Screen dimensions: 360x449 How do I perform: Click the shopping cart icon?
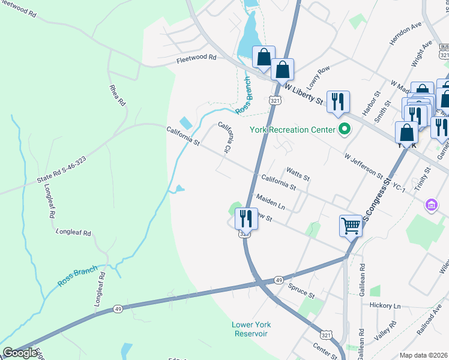tap(351, 227)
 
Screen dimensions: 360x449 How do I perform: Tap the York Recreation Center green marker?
tap(345, 129)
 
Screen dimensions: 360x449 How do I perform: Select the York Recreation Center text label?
tap(292, 129)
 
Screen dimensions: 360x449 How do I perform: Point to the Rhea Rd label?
tap(118, 95)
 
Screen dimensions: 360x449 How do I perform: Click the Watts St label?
tap(298, 175)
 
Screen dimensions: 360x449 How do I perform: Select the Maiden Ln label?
tap(270, 202)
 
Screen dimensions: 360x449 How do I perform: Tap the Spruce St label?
tap(301, 292)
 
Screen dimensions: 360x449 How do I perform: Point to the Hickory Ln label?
tap(385, 305)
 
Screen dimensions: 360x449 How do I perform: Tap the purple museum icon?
tap(431, 206)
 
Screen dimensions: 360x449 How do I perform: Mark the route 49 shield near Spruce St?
tap(279, 280)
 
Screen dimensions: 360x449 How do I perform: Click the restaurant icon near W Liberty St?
tap(337, 103)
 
